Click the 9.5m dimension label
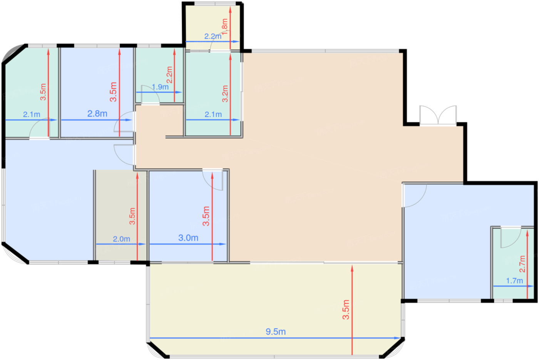coord(275,332)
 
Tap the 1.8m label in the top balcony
coord(225,26)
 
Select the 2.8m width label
coord(97,114)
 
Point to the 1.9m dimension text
coord(160,87)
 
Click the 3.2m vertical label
coord(225,94)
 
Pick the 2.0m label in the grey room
coord(121,239)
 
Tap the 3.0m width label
coord(188,238)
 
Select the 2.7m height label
coord(522,264)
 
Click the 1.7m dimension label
coord(514,281)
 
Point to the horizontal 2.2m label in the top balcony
coord(213,37)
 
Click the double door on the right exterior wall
coord(438,115)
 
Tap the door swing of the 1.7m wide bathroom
coord(510,238)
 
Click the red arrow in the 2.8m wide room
coord(119,92)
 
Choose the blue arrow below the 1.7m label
coord(513,286)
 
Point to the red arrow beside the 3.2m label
coord(230,94)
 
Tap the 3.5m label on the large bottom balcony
coord(346,310)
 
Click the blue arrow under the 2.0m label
coord(121,244)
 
